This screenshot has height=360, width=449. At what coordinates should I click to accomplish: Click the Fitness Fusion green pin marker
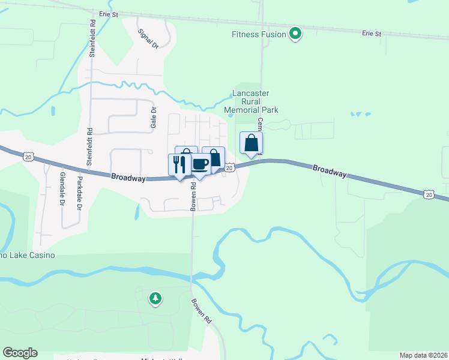pyautogui.click(x=295, y=34)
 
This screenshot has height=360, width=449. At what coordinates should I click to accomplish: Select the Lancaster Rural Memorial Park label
pyautogui.click(x=251, y=101)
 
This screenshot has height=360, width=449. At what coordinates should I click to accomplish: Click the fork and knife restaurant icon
pyautogui.click(x=179, y=164)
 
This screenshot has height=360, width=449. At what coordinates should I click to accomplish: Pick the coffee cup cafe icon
pyautogui.click(x=200, y=164)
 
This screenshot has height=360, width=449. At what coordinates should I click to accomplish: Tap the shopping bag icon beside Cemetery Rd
pyautogui.click(x=251, y=143)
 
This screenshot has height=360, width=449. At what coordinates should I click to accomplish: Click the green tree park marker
pyautogui.click(x=155, y=298)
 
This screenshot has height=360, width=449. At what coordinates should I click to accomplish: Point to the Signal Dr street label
pyautogui.click(x=148, y=38)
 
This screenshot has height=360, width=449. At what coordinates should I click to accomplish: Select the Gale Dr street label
pyautogui.click(x=153, y=119)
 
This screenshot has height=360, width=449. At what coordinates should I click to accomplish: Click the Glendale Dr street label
pyautogui.click(x=62, y=187)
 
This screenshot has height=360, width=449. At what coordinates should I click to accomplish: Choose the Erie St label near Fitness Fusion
pyautogui.click(x=372, y=34)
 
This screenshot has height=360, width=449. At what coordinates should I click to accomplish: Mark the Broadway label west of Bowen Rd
pyautogui.click(x=128, y=178)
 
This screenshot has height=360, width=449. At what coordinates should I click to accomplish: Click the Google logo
pyautogui.click(x=20, y=353)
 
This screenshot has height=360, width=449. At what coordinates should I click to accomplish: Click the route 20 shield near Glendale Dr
pyautogui.click(x=28, y=157)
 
